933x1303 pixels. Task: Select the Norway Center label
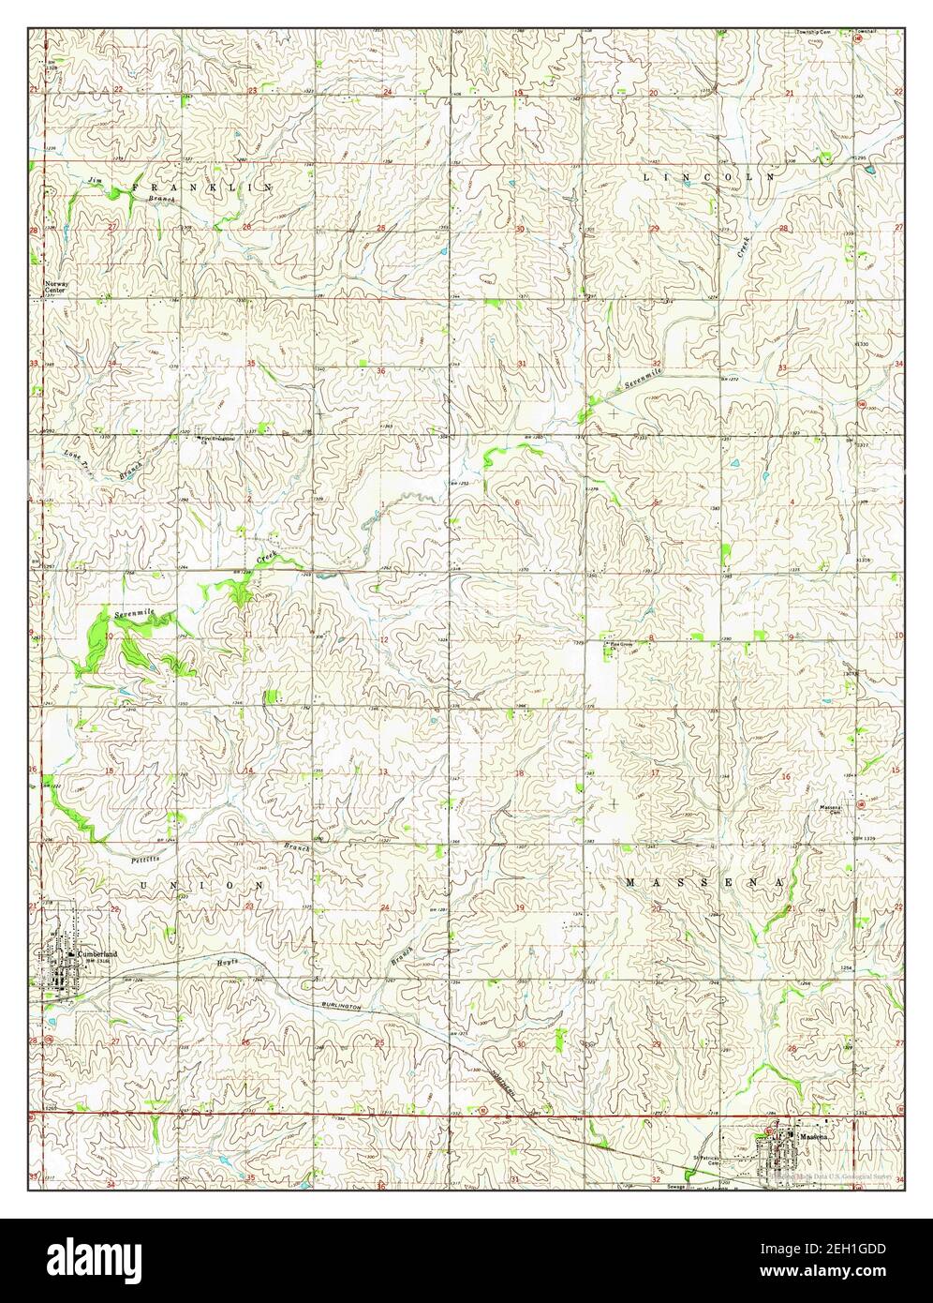56,286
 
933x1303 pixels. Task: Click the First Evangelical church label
217,439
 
